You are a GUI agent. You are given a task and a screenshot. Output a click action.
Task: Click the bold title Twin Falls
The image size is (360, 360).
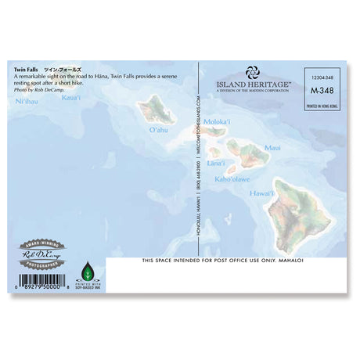(25, 70)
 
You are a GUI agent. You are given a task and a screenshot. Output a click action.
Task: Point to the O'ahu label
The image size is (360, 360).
(158, 130)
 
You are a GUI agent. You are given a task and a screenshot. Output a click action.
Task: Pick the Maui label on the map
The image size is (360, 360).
(272, 146)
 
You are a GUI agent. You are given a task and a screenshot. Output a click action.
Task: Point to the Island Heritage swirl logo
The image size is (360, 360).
(252, 72)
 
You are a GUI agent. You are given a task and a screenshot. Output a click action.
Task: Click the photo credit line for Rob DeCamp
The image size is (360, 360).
(37, 90)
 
